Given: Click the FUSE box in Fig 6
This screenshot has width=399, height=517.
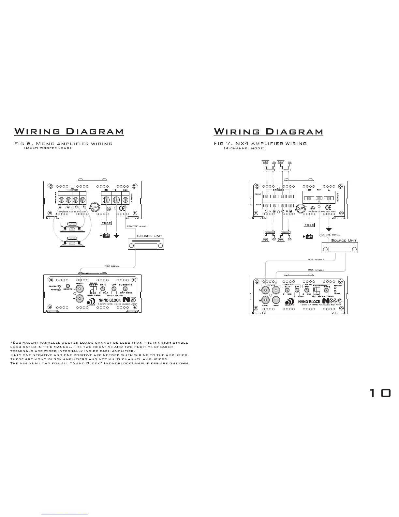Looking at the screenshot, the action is pyautogui.click(x=106, y=223).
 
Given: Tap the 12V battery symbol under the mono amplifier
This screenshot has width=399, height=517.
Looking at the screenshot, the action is pyautogui.click(x=106, y=235).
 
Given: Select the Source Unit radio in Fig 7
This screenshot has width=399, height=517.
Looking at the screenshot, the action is pyautogui.click(x=340, y=248).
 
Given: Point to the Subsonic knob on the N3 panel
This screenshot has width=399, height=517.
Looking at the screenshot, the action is pyautogui.click(x=125, y=289).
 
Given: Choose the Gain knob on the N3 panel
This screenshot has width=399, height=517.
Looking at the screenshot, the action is pyautogui.click(x=103, y=289).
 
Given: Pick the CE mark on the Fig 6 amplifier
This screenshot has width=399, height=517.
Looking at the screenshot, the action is pyautogui.click(x=123, y=208).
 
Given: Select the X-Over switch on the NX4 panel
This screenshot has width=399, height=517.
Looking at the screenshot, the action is pyautogui.click(x=316, y=290).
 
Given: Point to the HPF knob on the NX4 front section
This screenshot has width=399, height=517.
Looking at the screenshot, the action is pyautogui.click(x=297, y=290).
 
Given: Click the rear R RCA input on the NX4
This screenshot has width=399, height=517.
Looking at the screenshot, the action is pyautogui.click(x=276, y=300).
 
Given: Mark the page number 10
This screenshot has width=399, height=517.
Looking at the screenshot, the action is pyautogui.click(x=380, y=393).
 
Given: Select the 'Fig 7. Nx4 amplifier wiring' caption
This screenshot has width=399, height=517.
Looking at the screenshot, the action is pyautogui.click(x=260, y=143).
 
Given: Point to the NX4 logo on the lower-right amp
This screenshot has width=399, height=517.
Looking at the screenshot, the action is pyautogui.click(x=332, y=301).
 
